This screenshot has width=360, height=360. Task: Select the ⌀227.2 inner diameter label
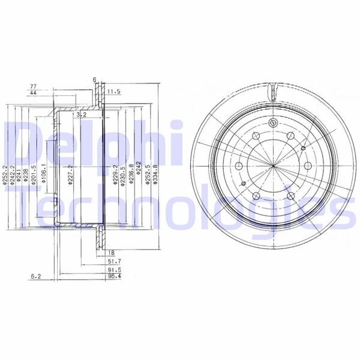coord(70,175)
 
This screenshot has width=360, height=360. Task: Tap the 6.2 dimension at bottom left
coord(37,277)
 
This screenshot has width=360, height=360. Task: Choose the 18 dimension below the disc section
coord(112,253)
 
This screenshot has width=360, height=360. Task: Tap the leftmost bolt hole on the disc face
coord(238,166)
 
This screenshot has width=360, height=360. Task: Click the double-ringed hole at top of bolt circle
coord(272,123)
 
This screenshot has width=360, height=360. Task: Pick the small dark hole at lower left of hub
coord(242,184)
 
